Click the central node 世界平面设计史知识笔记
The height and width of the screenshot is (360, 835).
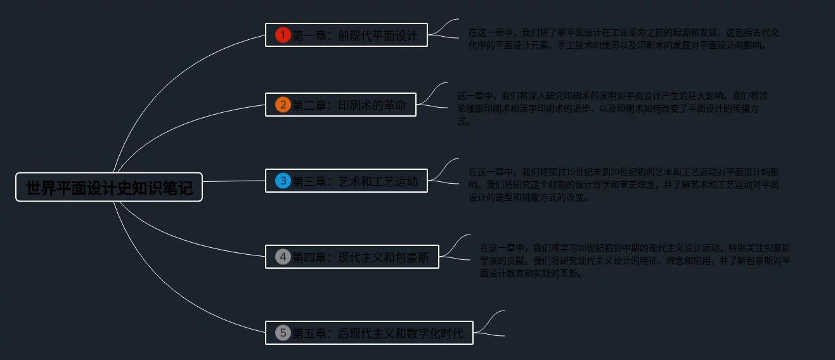(x=109, y=187)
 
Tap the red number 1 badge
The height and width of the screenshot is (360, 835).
(x=283, y=35)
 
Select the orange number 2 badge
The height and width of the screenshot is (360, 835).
(x=283, y=105)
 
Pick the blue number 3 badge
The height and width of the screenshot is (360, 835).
(x=283, y=181)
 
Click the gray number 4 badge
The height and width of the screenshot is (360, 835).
(x=283, y=257)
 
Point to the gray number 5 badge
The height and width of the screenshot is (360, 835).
(x=283, y=333)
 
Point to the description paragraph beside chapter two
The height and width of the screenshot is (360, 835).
(x=612, y=108)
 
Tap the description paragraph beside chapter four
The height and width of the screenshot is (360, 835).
(x=635, y=260)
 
